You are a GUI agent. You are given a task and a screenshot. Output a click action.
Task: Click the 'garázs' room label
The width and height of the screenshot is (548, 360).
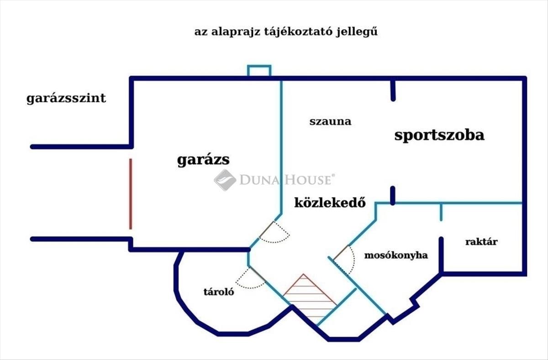point(203,160)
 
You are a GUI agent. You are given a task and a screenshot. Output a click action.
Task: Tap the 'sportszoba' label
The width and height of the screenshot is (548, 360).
point(439,136)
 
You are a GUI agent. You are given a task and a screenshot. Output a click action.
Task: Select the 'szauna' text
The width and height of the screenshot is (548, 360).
point(330,121)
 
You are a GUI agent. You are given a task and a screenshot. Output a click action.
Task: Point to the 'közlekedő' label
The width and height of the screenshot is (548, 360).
point(330,203)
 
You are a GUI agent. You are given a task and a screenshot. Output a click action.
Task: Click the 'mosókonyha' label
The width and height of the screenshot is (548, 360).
point(396,256)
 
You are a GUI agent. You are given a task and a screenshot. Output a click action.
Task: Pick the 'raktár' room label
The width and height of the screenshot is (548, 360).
point(481,242)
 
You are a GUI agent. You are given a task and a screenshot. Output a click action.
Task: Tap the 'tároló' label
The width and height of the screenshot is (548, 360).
point(219,292)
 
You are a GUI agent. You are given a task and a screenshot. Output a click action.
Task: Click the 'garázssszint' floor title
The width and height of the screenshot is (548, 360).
point(66,99)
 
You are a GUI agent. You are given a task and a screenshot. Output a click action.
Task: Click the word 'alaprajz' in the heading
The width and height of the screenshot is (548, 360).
point(236,32)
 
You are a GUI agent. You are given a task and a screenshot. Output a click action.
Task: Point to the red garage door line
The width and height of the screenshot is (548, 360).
point(131,194)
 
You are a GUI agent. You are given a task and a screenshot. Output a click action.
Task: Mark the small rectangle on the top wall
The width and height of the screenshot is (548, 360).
point(259,71)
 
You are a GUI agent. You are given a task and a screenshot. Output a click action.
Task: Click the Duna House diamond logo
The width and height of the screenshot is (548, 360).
point(225,180)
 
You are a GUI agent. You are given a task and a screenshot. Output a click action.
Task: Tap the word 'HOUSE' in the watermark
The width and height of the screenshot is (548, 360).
point(310,180)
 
